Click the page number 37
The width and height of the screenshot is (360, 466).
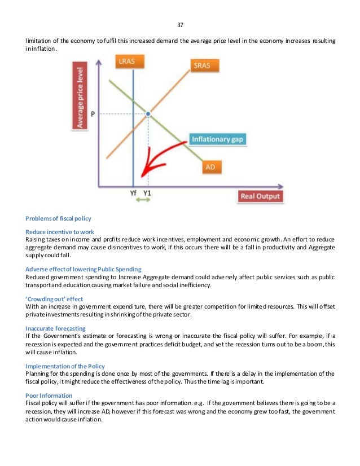click(180, 25)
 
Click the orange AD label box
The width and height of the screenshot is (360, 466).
click(210, 167)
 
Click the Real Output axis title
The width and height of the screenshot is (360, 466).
click(260, 196)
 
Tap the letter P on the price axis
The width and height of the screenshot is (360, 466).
click(93, 114)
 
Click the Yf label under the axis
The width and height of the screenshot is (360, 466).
click(133, 193)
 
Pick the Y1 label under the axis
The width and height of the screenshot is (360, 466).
click(148, 193)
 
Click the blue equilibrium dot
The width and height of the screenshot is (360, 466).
click(148, 114)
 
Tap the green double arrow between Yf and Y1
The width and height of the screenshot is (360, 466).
click(141, 200)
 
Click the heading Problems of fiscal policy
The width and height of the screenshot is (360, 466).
click(59, 218)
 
